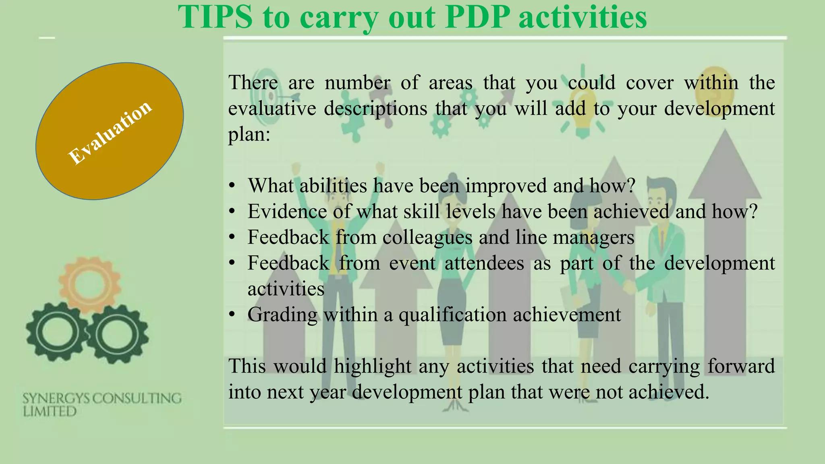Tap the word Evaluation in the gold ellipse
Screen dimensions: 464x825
[110, 132]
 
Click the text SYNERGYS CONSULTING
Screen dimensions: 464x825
[102, 398]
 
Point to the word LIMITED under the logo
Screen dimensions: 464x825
[50, 412]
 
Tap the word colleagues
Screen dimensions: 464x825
[427, 237]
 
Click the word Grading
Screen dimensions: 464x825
[282, 315]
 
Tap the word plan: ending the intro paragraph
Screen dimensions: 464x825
[249, 134]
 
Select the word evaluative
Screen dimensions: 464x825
[272, 108]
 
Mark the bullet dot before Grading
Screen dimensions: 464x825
[232, 314]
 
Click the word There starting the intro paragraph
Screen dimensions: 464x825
[253, 83]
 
